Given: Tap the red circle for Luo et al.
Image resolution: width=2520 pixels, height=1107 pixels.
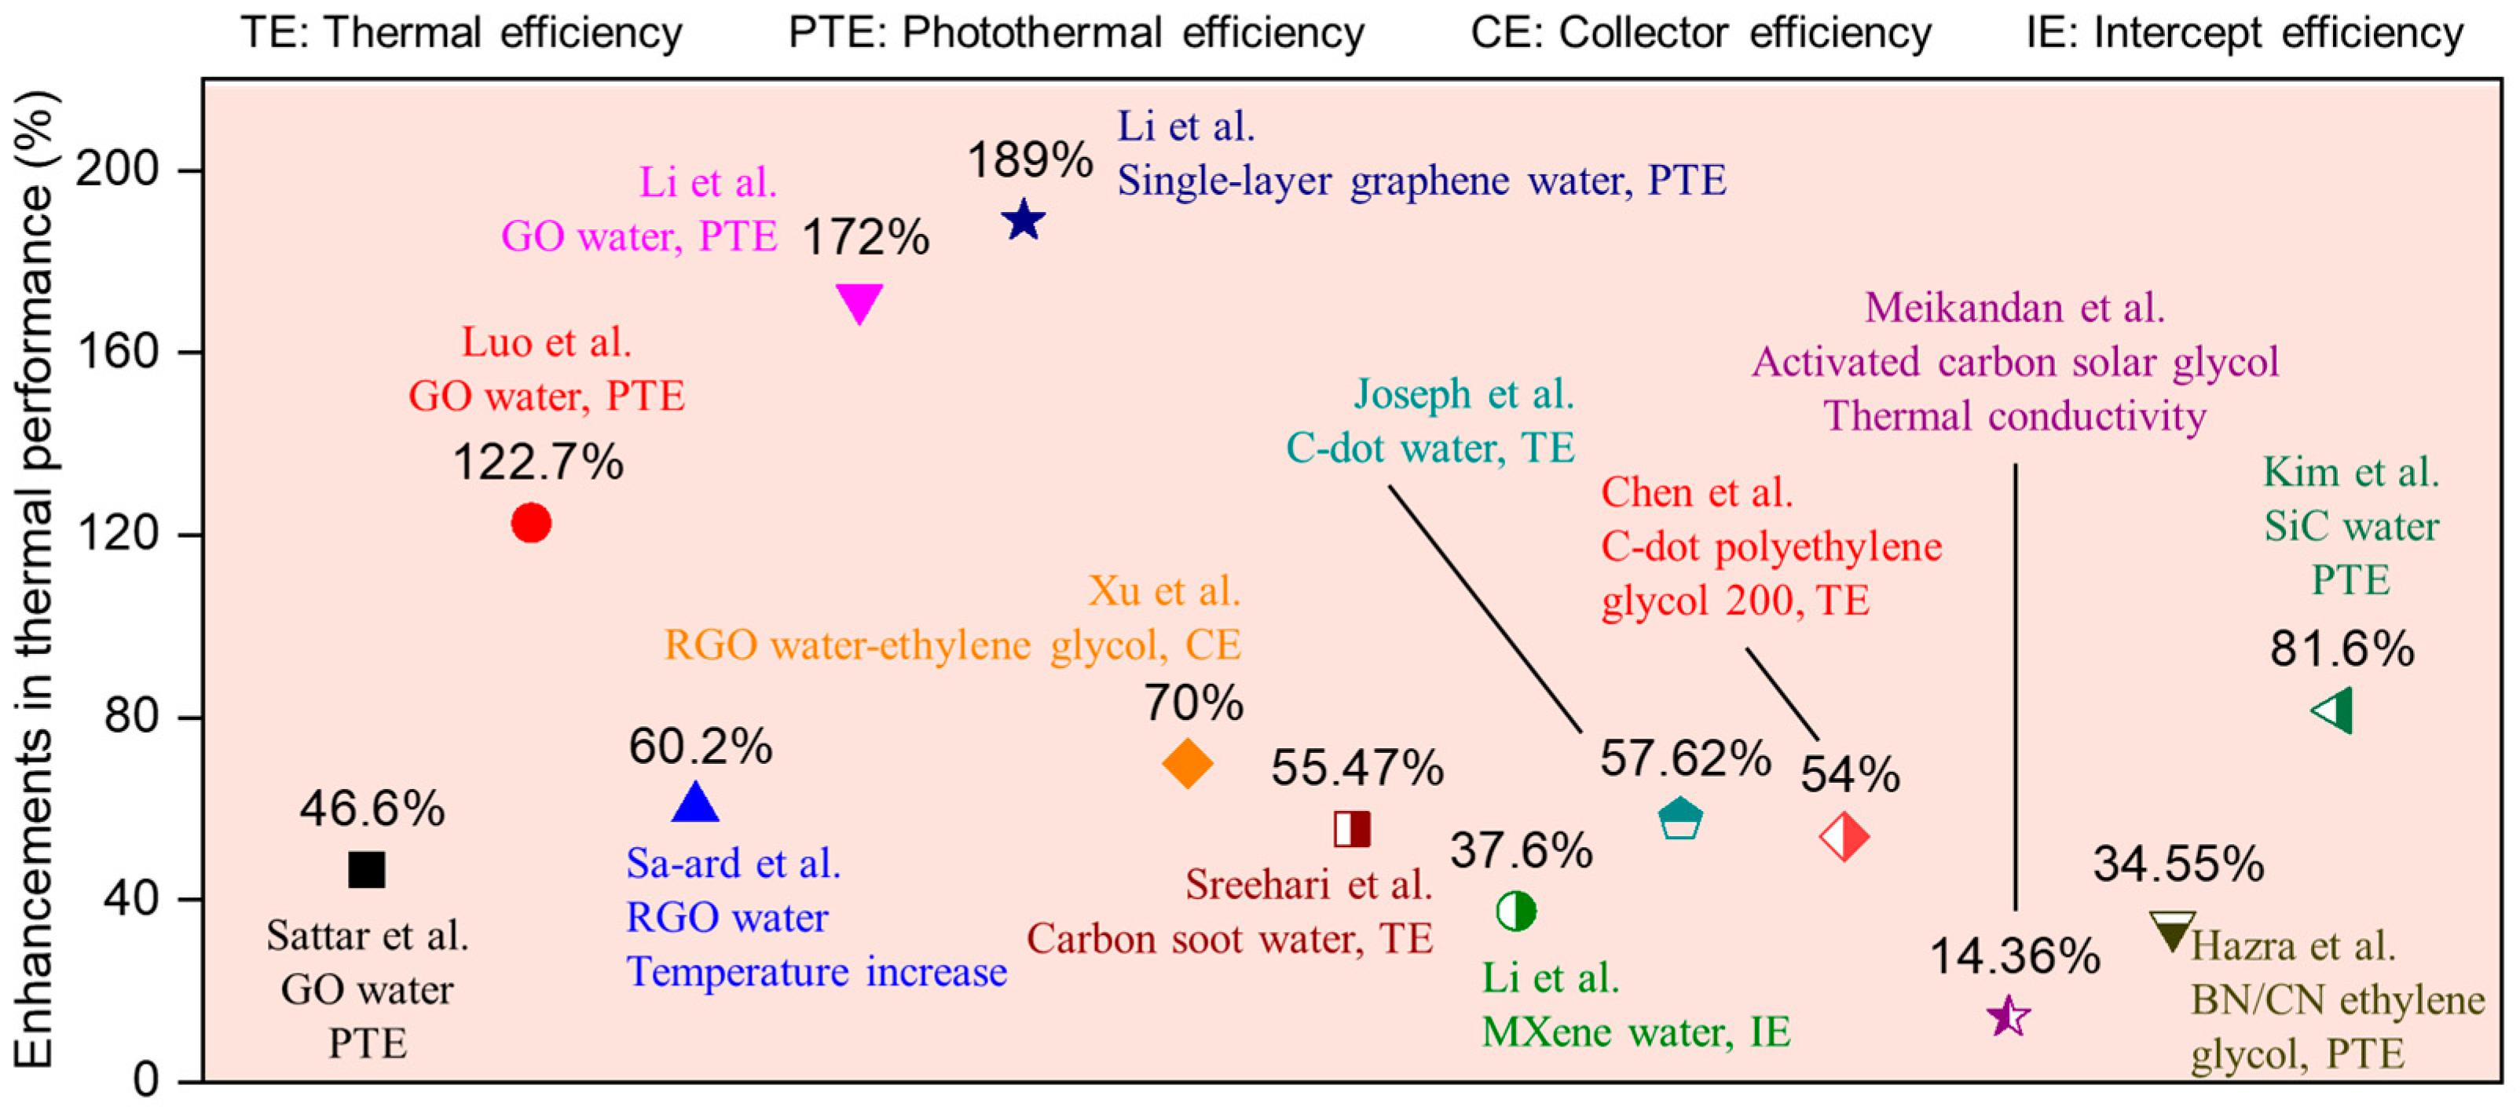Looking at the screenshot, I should pyautogui.click(x=531, y=523).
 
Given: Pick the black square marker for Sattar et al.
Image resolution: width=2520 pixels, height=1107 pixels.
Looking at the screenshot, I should pyautogui.click(x=367, y=869).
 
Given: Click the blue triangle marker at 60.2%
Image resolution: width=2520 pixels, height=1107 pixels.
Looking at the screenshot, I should pyautogui.click(x=695, y=804).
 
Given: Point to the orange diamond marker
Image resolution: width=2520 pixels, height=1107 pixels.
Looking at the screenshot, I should pyautogui.click(x=1188, y=764).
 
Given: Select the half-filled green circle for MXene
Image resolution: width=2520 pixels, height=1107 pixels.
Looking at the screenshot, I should pyautogui.click(x=1515, y=912).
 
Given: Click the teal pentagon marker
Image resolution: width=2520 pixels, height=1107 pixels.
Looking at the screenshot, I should pyautogui.click(x=1679, y=819).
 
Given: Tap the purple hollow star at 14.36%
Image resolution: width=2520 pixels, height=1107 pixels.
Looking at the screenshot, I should pyautogui.click(x=2009, y=1017).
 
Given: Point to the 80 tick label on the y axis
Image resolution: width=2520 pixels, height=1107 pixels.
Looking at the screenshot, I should pyautogui.click(x=131, y=717).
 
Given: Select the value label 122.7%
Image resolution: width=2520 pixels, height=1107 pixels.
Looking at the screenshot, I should pyautogui.click(x=537, y=462).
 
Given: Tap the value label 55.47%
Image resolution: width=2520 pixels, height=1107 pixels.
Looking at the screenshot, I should pyautogui.click(x=1357, y=769).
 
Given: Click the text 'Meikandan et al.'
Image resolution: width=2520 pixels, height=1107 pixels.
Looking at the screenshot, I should pyautogui.click(x=2014, y=308).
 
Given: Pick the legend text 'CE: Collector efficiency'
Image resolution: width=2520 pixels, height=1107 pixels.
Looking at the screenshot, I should pyautogui.click(x=1701, y=33).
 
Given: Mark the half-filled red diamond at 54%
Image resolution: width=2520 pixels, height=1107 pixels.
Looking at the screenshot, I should pyautogui.click(x=1844, y=837).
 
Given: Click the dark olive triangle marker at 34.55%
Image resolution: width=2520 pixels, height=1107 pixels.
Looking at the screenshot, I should pyautogui.click(x=2172, y=931).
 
